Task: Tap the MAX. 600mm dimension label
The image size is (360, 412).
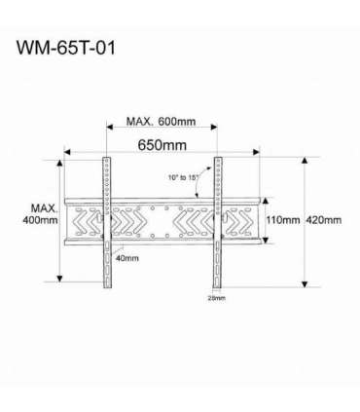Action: (x=162, y=123)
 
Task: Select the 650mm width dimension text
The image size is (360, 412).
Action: (x=162, y=145)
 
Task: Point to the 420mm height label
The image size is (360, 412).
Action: (x=324, y=219)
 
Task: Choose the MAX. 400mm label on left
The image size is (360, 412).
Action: (x=44, y=214)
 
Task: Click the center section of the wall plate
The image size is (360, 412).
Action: (x=161, y=221)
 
